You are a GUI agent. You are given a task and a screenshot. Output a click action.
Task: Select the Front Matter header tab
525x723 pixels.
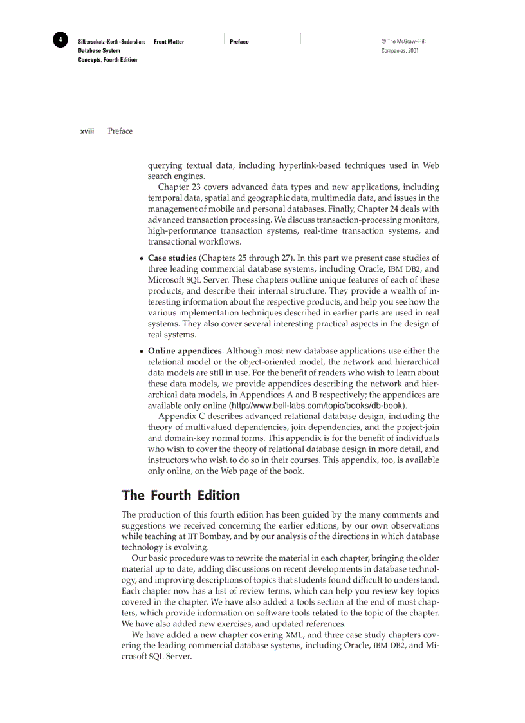coord(169,42)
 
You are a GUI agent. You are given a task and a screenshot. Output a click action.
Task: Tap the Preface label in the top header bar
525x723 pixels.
coord(239,42)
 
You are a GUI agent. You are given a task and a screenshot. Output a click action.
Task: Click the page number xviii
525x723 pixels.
coord(87,131)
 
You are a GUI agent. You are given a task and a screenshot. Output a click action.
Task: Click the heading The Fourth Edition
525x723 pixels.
coord(180,495)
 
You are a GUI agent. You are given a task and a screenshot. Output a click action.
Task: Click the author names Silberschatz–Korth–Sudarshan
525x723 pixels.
coord(111,42)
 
